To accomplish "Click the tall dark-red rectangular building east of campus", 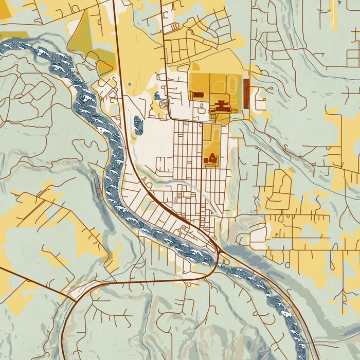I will pyautogui.click(x=246, y=94).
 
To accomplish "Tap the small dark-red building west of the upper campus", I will pyautogui.click(x=198, y=95).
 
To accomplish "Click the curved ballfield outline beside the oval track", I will pyautogui.click(x=219, y=85).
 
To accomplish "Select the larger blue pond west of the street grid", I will pyautogui.click(x=138, y=125).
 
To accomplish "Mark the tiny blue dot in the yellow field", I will pyautogui.click(x=129, y=84).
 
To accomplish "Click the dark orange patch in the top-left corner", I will pyautogui.click(x=4, y=10).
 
